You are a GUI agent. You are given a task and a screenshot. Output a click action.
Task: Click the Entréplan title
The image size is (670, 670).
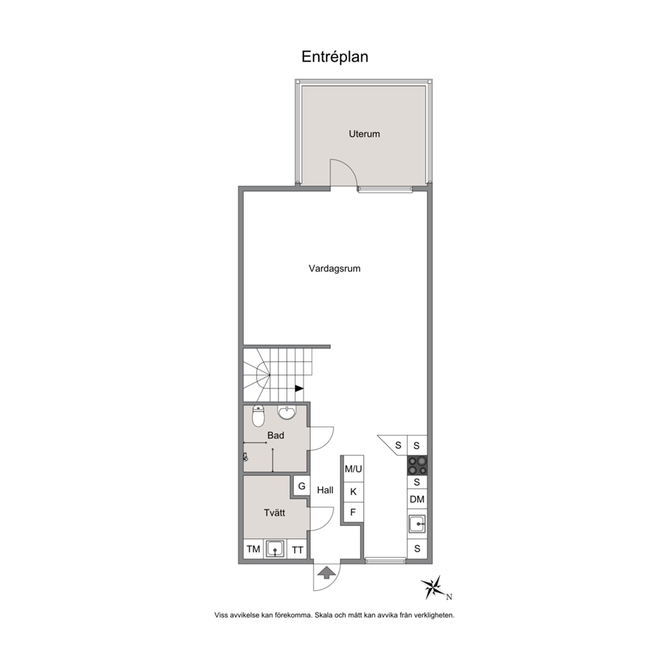pos(334,57)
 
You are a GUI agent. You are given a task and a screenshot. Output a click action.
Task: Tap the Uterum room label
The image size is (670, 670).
pos(364,134)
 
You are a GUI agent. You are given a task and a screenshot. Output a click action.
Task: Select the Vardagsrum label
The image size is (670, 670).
pos(334,268)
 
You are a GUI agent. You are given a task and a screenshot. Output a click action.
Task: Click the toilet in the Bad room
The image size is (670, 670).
pos(258,416)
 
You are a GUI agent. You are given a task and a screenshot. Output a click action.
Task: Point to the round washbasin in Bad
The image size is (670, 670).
pos(286,412)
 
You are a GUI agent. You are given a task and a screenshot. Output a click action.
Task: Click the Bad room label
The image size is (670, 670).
pos(276,436)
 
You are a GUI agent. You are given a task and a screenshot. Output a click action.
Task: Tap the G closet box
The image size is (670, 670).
pos(302,486)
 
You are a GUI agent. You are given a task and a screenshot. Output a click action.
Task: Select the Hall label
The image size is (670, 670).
pos(325,490)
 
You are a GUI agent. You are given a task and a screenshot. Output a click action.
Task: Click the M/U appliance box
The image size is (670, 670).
pos(353,469)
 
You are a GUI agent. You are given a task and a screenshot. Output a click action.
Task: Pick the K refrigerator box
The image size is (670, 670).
pos(353,492)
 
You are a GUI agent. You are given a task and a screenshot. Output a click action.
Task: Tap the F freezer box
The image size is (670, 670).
pos(353,512)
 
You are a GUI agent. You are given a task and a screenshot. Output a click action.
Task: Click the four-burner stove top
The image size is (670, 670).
pos(417,465)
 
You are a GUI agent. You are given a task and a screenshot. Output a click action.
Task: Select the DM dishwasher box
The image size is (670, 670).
pos(417,499)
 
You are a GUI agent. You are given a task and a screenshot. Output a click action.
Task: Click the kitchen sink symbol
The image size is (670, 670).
pos(417,524)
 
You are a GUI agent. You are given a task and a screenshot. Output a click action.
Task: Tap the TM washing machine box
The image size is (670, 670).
pos(253,548)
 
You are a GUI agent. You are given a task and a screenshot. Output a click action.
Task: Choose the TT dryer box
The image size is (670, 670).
pos(297,550)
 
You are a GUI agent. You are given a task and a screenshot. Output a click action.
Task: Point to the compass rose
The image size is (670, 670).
pos(434,588)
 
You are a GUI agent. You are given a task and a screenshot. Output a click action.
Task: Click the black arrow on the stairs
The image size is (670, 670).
pos(299,388)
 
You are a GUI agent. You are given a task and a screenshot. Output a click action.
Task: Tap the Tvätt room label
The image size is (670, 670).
pos(274,513)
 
